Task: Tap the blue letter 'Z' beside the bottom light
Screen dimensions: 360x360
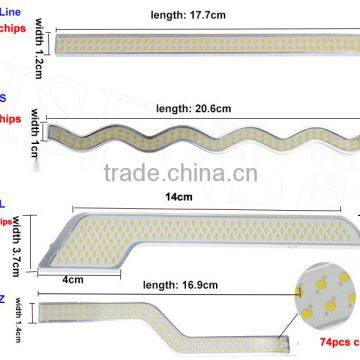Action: [x=4, y=296]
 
